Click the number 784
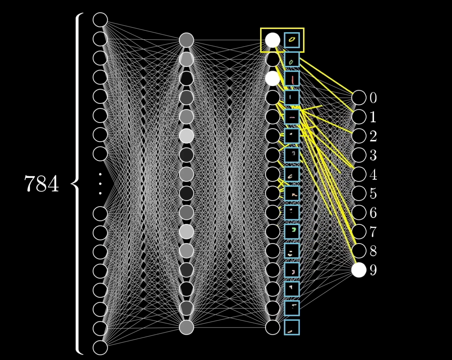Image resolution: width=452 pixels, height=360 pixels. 41,184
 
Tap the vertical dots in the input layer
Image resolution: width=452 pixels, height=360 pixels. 100,184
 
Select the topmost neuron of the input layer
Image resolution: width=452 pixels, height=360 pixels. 100,20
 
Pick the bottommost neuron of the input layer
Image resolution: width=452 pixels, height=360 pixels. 100,348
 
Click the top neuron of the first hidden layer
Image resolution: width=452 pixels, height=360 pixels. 186,40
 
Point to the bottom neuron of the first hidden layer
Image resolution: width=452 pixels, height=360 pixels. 186,327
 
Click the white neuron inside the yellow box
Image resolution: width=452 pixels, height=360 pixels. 272,40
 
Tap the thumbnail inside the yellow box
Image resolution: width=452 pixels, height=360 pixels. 292,40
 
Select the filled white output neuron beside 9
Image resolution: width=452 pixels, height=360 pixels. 359,270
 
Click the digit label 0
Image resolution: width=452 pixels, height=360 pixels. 373,98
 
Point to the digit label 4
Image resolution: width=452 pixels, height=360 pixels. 373,175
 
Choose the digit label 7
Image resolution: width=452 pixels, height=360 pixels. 373,232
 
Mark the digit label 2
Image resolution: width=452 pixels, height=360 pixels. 373,136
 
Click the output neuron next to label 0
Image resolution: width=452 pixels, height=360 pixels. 359,98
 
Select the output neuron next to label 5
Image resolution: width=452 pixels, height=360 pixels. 359,194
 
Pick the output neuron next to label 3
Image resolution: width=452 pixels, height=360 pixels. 359,155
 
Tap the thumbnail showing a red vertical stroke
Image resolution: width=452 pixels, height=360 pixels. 292,79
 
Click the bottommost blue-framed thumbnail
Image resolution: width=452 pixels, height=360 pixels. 292,327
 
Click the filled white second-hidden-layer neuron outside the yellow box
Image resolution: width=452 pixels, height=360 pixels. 272,79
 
